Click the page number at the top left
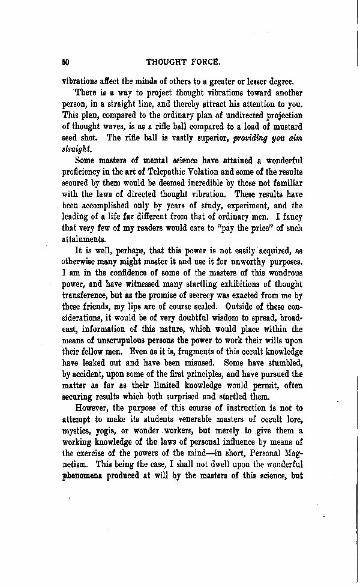tap(65, 61)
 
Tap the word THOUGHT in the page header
tap(167, 61)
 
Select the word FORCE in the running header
tap(207, 61)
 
